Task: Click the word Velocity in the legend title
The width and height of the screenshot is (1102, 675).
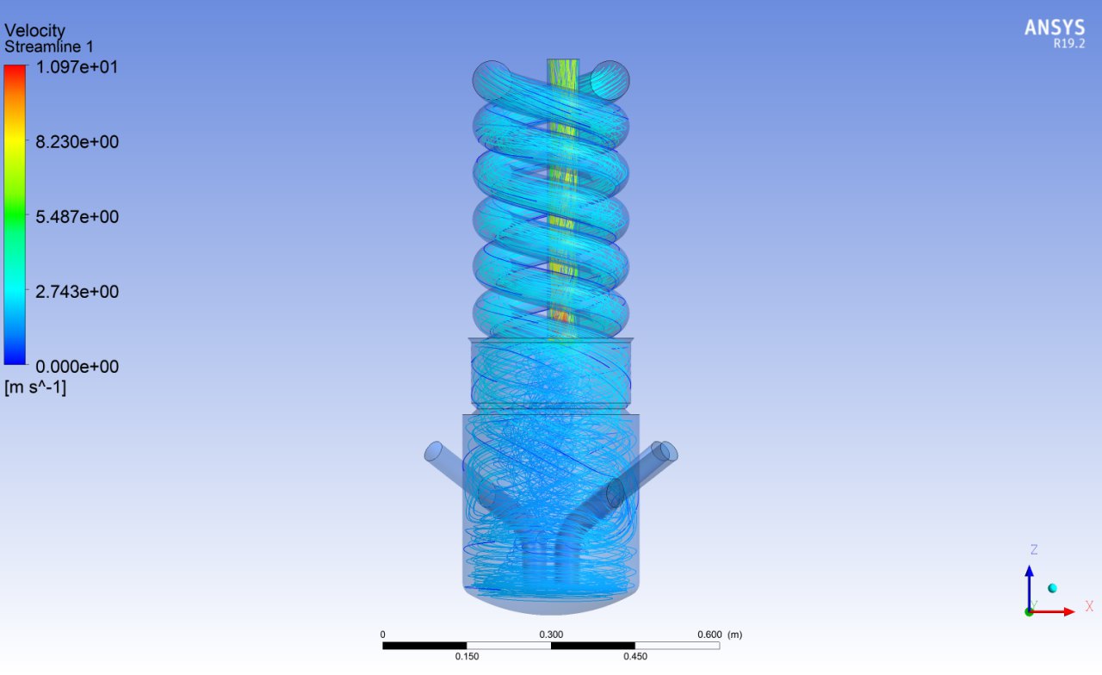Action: point(34,30)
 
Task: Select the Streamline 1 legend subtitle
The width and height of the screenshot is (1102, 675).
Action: point(49,46)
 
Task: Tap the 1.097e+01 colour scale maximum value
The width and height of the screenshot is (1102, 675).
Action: point(77,67)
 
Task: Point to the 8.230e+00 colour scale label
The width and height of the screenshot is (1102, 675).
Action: point(77,142)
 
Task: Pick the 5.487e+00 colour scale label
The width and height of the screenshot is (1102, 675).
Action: point(77,216)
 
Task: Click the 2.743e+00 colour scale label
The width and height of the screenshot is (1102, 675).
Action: point(77,292)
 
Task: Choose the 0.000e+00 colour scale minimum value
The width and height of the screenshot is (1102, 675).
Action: point(77,367)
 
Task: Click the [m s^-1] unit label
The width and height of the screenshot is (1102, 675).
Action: point(35,387)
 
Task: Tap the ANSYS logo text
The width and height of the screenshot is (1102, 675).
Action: point(1055,28)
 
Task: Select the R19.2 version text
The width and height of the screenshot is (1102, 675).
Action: point(1068,44)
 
